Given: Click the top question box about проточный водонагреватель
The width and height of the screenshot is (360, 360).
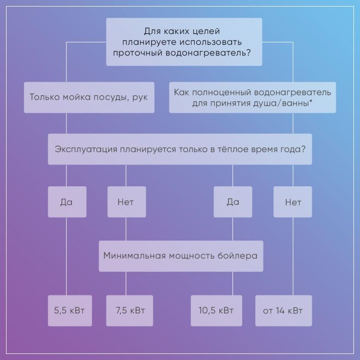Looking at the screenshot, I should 184,42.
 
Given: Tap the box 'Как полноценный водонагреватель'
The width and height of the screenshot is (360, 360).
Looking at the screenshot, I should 252,98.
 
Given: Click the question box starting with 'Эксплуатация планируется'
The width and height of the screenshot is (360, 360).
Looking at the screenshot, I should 180,149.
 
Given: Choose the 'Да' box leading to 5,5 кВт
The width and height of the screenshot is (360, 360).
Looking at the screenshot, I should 66,202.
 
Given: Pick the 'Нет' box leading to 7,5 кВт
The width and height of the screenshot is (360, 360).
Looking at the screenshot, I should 125,202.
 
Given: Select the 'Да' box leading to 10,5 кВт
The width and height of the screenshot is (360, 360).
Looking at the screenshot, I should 232,202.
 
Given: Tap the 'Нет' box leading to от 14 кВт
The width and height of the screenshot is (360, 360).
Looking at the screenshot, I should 293,202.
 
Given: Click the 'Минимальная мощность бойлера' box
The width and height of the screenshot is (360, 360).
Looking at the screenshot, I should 180,255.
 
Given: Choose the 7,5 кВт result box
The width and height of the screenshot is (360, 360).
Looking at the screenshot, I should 130,311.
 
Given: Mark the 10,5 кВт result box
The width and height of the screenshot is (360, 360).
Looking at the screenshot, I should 216,311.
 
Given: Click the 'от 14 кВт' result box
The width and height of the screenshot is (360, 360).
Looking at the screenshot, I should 283,311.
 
